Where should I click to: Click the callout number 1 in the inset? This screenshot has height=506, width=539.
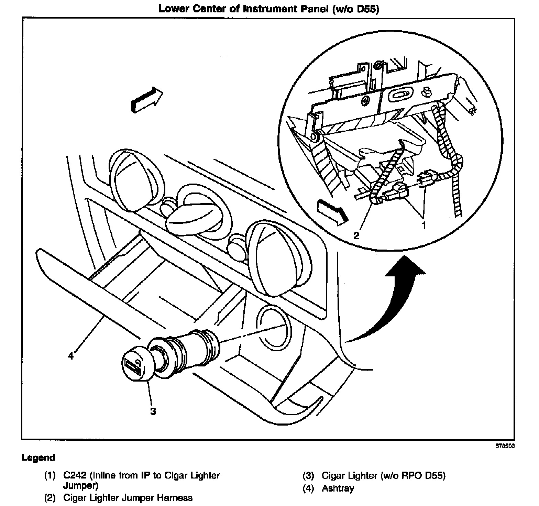[424, 225]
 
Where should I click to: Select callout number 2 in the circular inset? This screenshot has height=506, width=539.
[356, 235]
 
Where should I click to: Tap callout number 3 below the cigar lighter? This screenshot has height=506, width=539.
[153, 411]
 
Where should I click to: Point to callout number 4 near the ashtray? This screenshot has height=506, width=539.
[71, 355]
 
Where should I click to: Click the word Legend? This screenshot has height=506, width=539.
[38, 458]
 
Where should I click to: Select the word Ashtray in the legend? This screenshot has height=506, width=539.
[338, 488]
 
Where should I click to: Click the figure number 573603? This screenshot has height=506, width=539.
[505, 446]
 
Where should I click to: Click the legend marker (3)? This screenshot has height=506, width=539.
[309, 476]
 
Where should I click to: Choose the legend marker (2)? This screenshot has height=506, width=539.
[50, 498]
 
